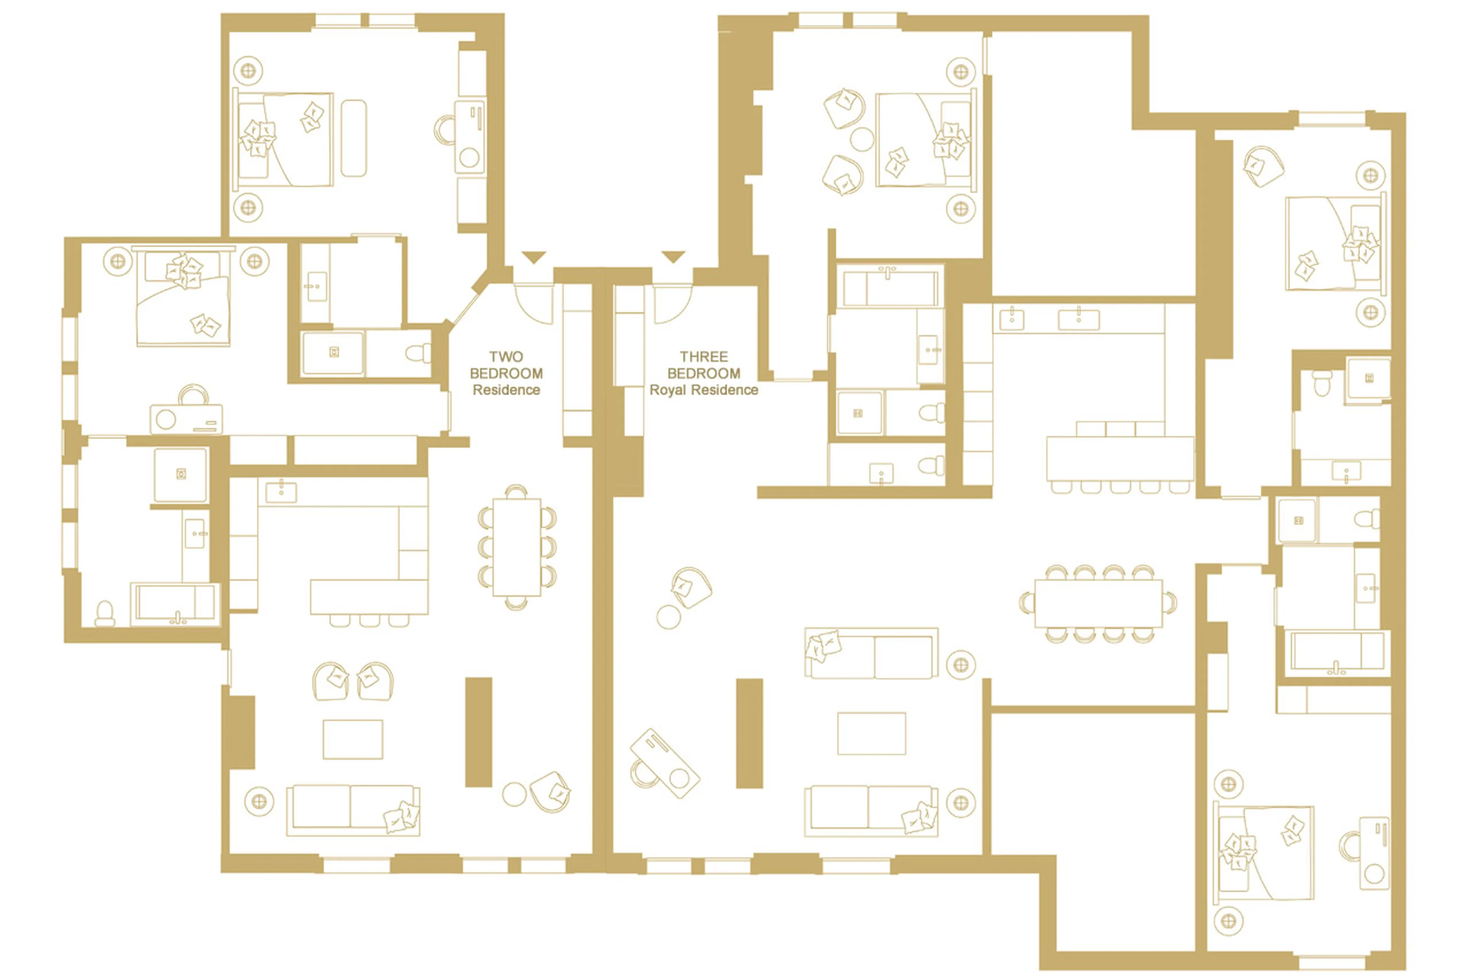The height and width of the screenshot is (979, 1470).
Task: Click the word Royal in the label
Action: tap(666, 390)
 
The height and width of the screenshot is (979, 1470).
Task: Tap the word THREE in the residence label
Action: tap(704, 357)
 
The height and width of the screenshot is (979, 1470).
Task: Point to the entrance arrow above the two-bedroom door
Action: tap(534, 257)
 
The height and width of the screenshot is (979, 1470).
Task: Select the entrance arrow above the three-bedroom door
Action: tap(673, 257)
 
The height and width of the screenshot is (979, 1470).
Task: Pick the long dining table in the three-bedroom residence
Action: tap(1098, 603)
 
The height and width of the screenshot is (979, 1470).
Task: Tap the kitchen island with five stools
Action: tap(1119, 459)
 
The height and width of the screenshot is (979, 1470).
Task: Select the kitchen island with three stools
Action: tap(369, 597)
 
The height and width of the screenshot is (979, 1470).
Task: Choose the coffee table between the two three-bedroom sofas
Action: tap(871, 734)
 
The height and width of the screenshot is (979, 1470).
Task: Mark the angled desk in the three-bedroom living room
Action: tap(665, 763)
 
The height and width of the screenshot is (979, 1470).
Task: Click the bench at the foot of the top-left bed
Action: tap(354, 138)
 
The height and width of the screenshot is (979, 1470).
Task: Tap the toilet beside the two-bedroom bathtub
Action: tap(105, 613)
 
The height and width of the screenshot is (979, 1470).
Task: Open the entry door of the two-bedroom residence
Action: tap(534, 304)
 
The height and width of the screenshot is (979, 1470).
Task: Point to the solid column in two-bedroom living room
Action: tap(479, 732)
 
